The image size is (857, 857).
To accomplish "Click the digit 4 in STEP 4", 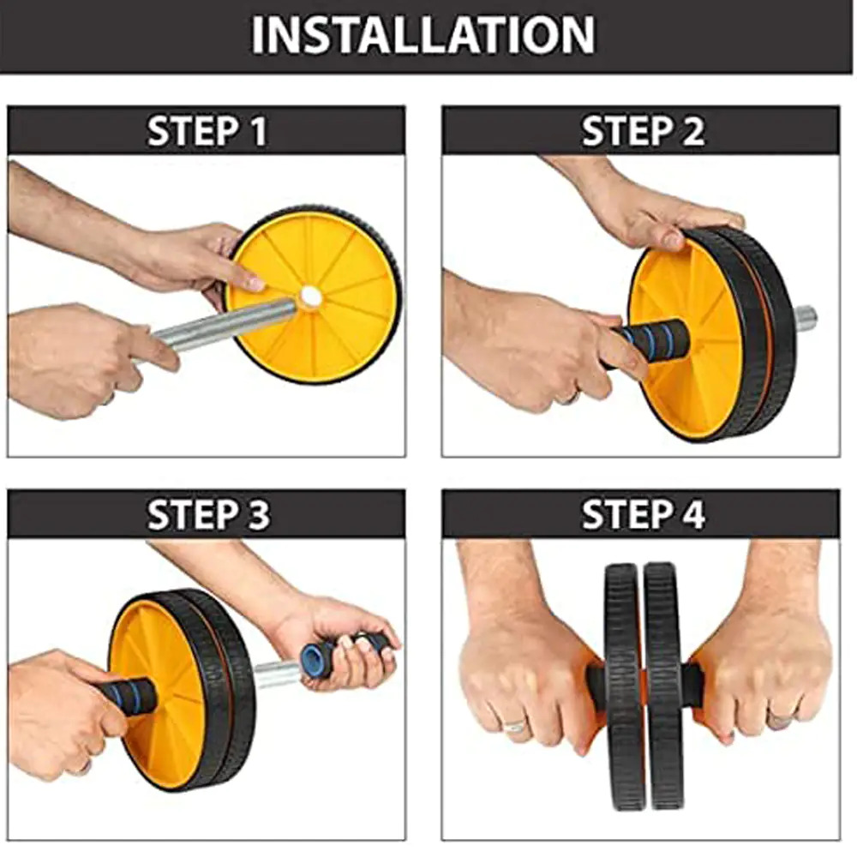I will click(693, 515).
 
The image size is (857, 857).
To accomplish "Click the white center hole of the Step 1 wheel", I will click(311, 297).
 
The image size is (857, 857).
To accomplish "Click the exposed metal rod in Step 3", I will click(276, 674).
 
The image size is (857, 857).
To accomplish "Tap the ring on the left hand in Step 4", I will click(515, 726).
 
